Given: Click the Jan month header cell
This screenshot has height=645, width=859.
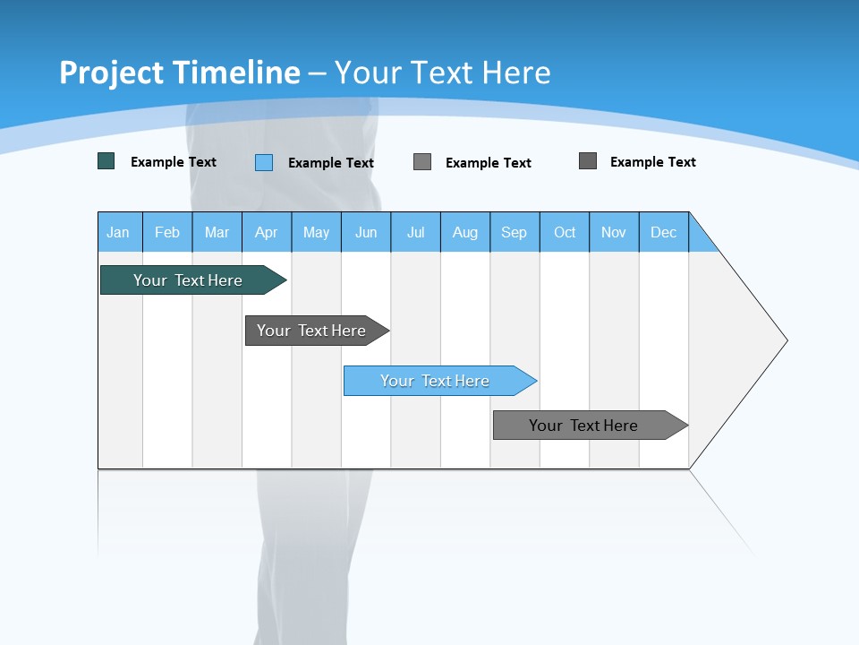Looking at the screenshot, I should (x=119, y=232).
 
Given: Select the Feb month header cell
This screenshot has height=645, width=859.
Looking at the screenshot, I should (x=167, y=232).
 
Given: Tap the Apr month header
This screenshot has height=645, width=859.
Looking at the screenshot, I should (x=267, y=232).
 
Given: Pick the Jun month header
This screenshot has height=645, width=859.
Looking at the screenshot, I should (x=366, y=232).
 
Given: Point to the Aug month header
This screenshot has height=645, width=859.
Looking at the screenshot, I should (x=465, y=232).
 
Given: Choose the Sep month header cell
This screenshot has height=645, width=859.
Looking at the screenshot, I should (x=515, y=232).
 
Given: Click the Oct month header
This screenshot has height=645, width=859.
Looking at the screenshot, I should (x=565, y=232).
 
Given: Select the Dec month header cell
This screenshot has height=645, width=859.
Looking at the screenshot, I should (x=664, y=232).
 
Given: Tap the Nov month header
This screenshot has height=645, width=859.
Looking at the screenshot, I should (x=614, y=232).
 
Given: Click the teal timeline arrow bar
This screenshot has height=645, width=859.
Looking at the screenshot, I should (x=188, y=280).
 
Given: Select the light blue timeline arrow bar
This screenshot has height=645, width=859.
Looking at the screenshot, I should (x=436, y=381).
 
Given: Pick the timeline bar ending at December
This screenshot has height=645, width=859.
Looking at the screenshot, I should (x=584, y=426).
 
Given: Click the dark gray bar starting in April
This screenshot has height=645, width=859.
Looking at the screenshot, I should (x=312, y=331).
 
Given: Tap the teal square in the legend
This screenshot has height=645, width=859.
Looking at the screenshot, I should (x=106, y=161).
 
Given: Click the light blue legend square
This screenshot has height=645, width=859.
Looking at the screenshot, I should (x=264, y=162).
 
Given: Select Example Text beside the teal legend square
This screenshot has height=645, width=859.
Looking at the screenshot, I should (x=174, y=162).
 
